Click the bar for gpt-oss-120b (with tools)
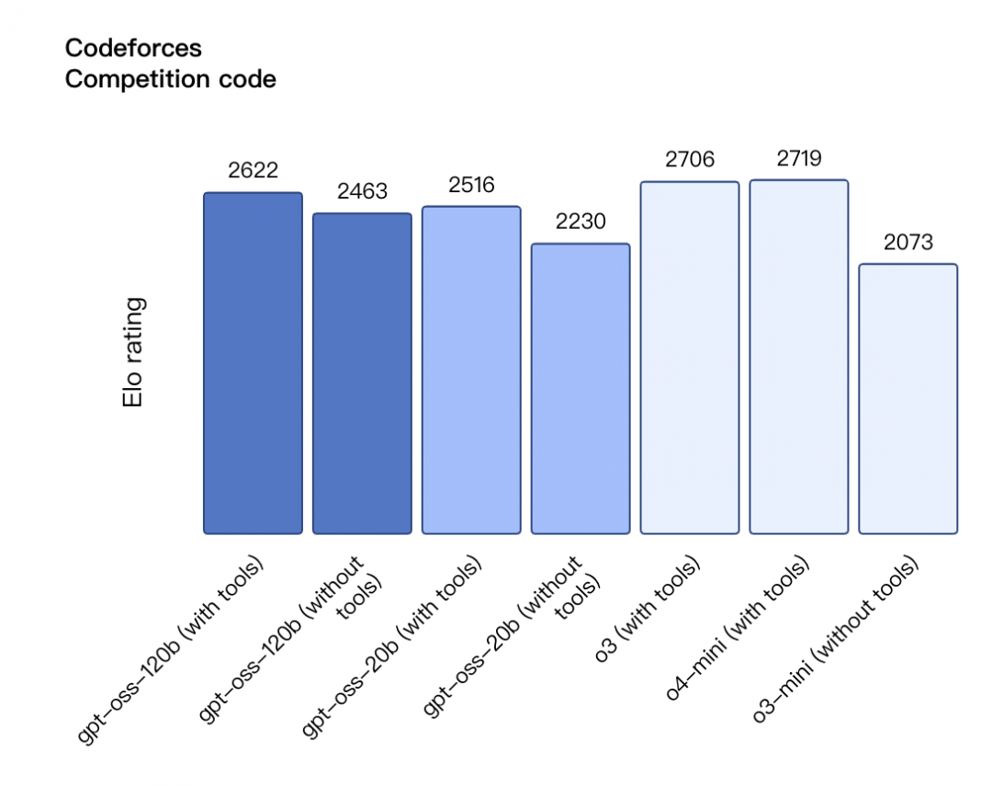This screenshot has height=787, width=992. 253,362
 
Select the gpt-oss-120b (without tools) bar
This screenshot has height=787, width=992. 362,372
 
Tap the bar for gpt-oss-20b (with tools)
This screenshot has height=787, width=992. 471,369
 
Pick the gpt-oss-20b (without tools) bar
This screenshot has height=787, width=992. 581,388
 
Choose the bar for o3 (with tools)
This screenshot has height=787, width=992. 690,357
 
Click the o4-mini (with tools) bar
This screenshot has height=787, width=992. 799,356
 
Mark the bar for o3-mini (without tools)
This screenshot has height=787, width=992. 908,398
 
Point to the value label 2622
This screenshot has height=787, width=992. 253,170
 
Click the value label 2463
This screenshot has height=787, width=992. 362,191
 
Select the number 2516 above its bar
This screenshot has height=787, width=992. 471,184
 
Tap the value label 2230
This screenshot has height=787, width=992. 581,222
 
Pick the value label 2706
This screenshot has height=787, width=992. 690,159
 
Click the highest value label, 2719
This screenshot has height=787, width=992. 799,158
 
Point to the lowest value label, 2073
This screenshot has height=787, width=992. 908,242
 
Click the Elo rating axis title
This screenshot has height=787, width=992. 134,353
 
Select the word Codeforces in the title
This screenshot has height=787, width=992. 133,48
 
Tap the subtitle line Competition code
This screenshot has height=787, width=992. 170,79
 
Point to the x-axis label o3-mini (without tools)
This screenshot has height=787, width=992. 836,641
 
